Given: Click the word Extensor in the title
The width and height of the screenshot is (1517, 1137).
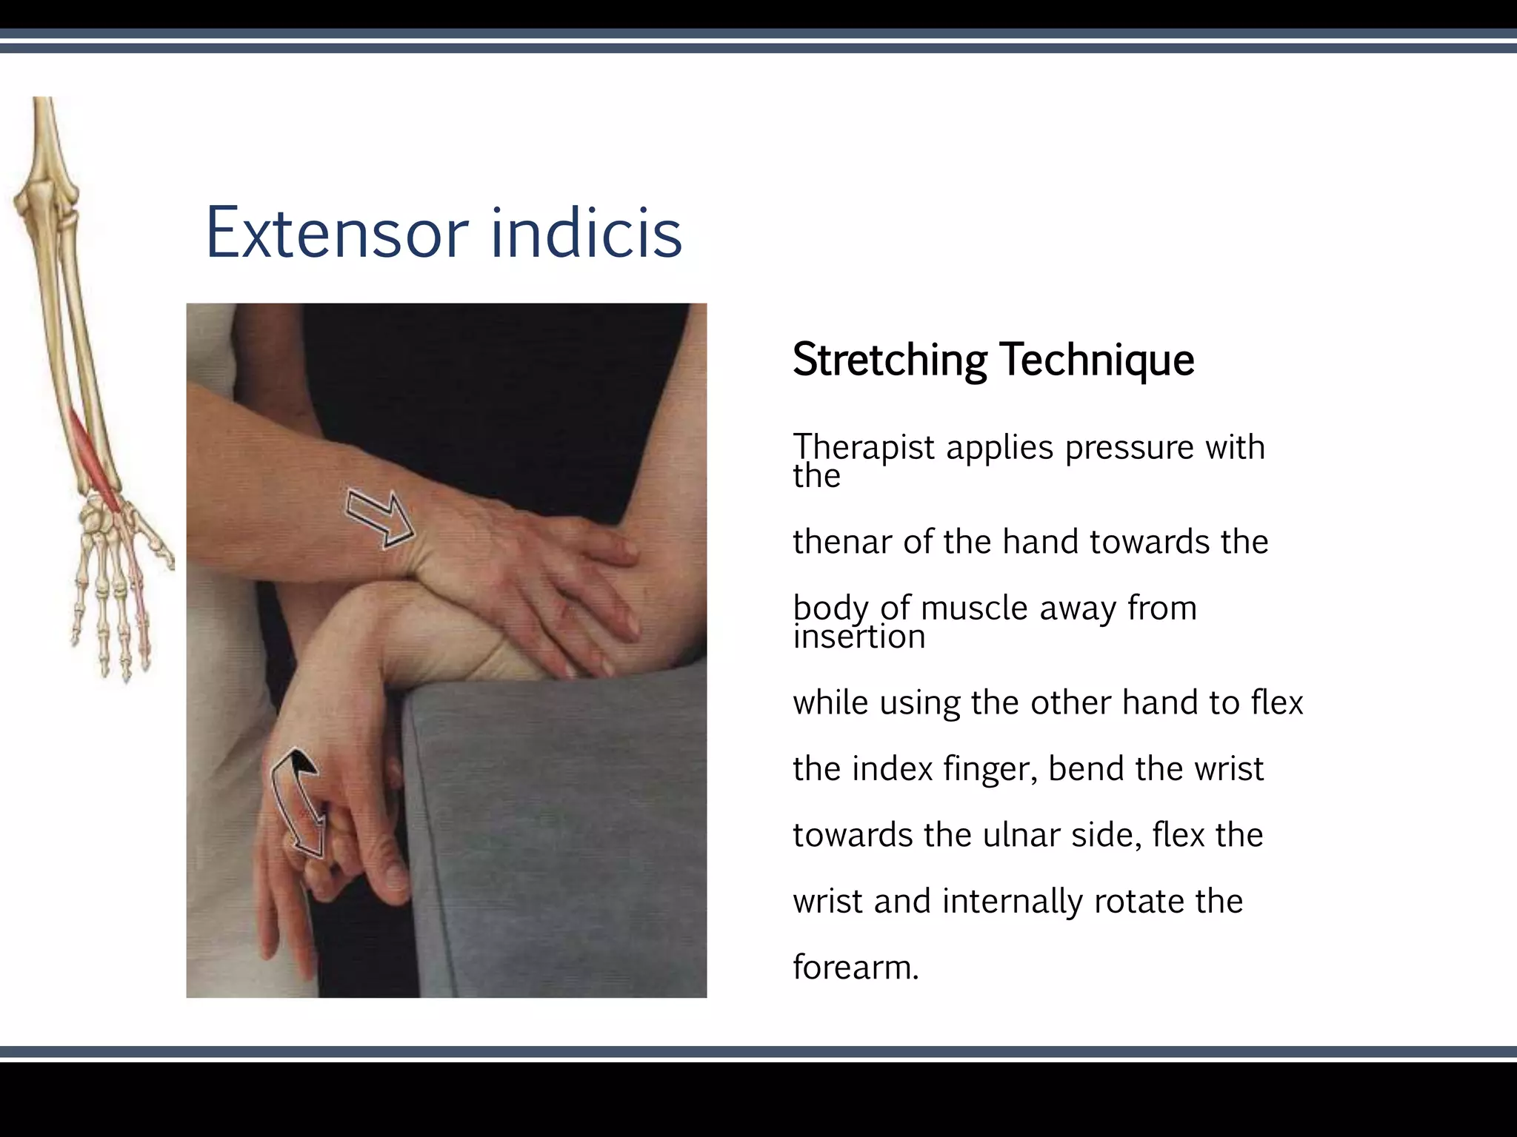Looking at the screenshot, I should tap(337, 233).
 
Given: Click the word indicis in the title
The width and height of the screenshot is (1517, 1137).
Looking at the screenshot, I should tap(586, 233).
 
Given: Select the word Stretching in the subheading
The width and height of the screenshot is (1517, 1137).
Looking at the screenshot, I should tap(890, 360).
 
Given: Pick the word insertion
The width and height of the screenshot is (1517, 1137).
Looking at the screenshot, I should tap(859, 637).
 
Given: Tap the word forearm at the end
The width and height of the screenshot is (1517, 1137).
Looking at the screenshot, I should tap(855, 967).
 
